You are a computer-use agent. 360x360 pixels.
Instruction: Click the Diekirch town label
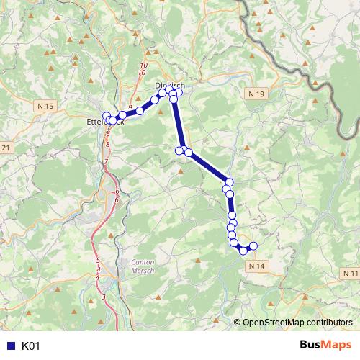170,85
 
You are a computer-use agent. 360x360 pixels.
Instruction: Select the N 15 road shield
45,106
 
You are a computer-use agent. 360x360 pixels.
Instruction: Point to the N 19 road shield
259,94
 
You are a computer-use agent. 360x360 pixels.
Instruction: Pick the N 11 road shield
351,274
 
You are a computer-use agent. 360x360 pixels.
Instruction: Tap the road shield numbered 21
6,148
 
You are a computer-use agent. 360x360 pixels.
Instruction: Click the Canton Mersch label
144,267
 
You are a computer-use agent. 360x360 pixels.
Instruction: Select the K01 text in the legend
31,346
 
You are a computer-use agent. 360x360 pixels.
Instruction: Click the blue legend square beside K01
10,346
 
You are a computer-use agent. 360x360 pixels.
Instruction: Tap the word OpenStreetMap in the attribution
274,323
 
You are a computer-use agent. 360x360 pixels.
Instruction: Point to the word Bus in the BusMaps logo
311,346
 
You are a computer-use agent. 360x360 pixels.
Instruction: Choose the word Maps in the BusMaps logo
338,346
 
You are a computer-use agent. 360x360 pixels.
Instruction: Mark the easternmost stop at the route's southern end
253,246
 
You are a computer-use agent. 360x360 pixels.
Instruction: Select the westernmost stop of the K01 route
107,117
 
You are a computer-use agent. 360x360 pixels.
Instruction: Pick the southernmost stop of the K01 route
243,251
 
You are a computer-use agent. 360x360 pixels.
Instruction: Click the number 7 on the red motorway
105,164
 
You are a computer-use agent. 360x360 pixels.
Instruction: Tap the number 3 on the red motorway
104,297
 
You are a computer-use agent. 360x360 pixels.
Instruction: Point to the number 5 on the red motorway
97,260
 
